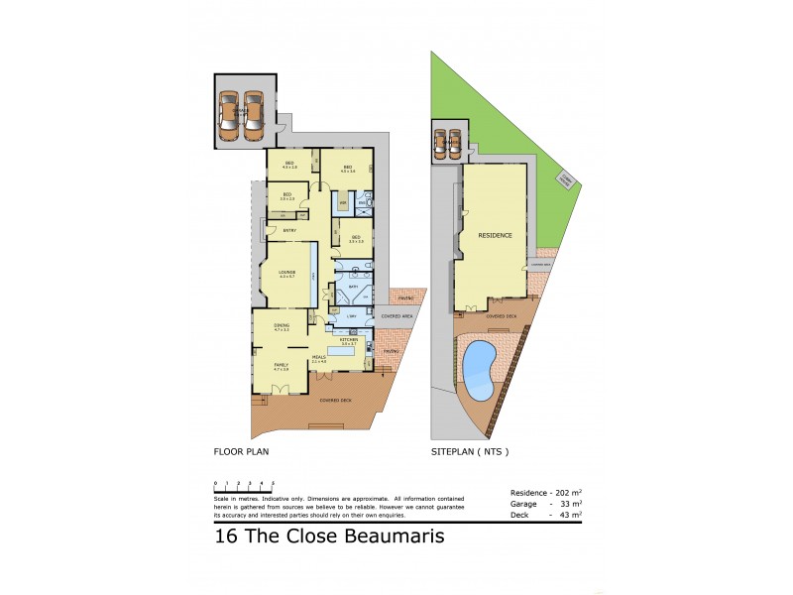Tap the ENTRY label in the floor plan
point(288,231)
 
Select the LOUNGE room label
point(288,272)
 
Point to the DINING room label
point(282,325)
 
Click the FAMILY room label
point(281,365)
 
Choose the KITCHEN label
point(349,340)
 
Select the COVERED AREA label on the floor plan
point(396,316)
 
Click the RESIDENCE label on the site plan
point(495,236)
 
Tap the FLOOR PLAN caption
point(241,451)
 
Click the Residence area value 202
point(564,493)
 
